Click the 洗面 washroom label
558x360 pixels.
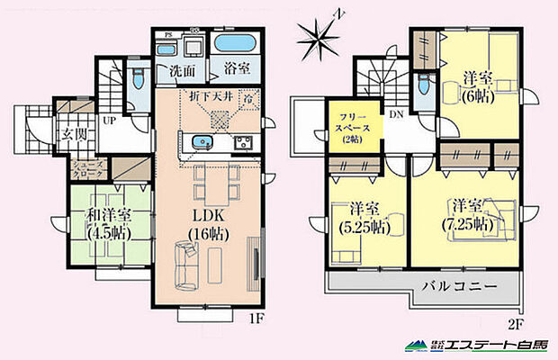click(x=183, y=70)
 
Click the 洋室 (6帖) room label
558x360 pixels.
click(x=477, y=87)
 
